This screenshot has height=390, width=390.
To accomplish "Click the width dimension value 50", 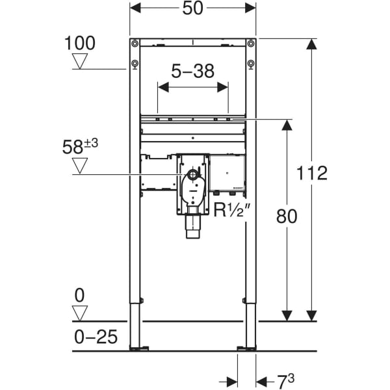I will tap(193, 8).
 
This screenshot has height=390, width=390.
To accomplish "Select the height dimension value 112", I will tap(311, 173).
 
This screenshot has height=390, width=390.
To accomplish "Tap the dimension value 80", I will tap(286, 216).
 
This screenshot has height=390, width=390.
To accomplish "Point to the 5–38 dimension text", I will tap(192, 71).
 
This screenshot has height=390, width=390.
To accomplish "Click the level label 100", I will tap(79, 44).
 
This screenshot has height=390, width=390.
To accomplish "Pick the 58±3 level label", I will tap(80, 147).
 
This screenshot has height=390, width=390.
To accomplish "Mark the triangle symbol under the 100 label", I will tap(80, 62).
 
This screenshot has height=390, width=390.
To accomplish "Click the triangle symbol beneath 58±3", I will tap(80, 166).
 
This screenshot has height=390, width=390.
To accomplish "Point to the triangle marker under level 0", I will tap(79, 313).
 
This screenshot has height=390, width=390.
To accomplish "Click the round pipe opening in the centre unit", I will tap(193, 175).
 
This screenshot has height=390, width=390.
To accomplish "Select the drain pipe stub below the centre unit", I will tap(193, 227).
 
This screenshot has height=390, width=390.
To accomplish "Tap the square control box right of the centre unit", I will tap(227, 172).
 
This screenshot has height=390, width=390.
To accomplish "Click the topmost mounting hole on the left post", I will tap(135, 44).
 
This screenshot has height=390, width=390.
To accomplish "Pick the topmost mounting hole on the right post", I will tap(251, 44).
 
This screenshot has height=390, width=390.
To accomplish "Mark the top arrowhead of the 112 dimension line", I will tap(311, 44).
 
